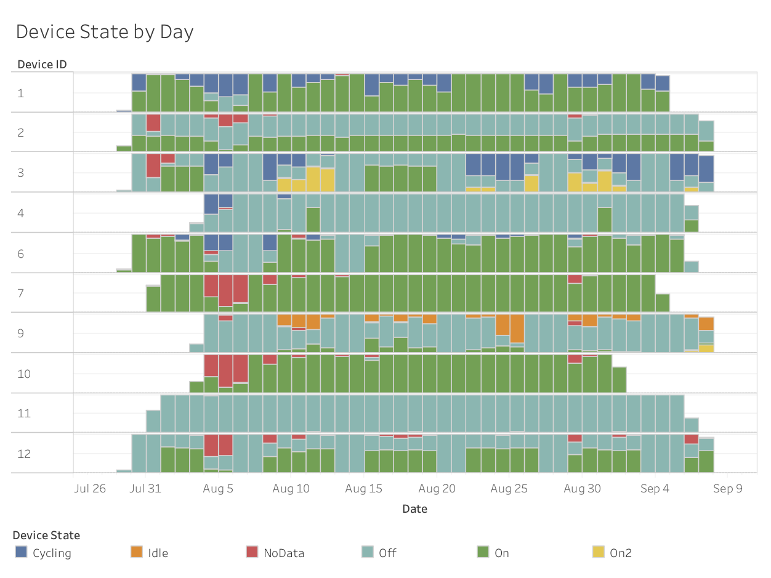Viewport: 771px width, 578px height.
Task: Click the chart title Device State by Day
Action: click(105, 31)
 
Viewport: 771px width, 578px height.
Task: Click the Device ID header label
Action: click(42, 64)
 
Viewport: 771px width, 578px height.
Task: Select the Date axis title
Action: click(414, 508)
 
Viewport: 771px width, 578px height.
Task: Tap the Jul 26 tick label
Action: click(90, 489)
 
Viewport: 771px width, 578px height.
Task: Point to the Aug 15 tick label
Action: click(363, 489)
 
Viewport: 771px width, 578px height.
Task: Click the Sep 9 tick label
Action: click(727, 489)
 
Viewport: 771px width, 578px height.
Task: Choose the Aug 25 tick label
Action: click(509, 489)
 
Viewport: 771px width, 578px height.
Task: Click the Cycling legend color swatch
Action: click(22, 552)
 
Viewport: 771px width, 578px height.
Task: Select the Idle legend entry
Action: click(158, 553)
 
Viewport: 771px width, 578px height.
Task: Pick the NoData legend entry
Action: click(283, 553)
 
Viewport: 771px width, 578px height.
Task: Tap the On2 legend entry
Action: click(620, 553)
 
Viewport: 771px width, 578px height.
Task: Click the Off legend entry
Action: click(387, 553)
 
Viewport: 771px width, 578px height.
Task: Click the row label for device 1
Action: click(21, 93)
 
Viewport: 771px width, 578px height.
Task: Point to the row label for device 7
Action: click(21, 293)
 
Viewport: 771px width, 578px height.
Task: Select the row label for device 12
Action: click(23, 454)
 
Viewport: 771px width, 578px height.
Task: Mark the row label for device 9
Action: click(21, 333)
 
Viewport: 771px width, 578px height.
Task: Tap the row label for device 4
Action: click(21, 213)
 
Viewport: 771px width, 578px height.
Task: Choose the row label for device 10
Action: click(23, 374)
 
